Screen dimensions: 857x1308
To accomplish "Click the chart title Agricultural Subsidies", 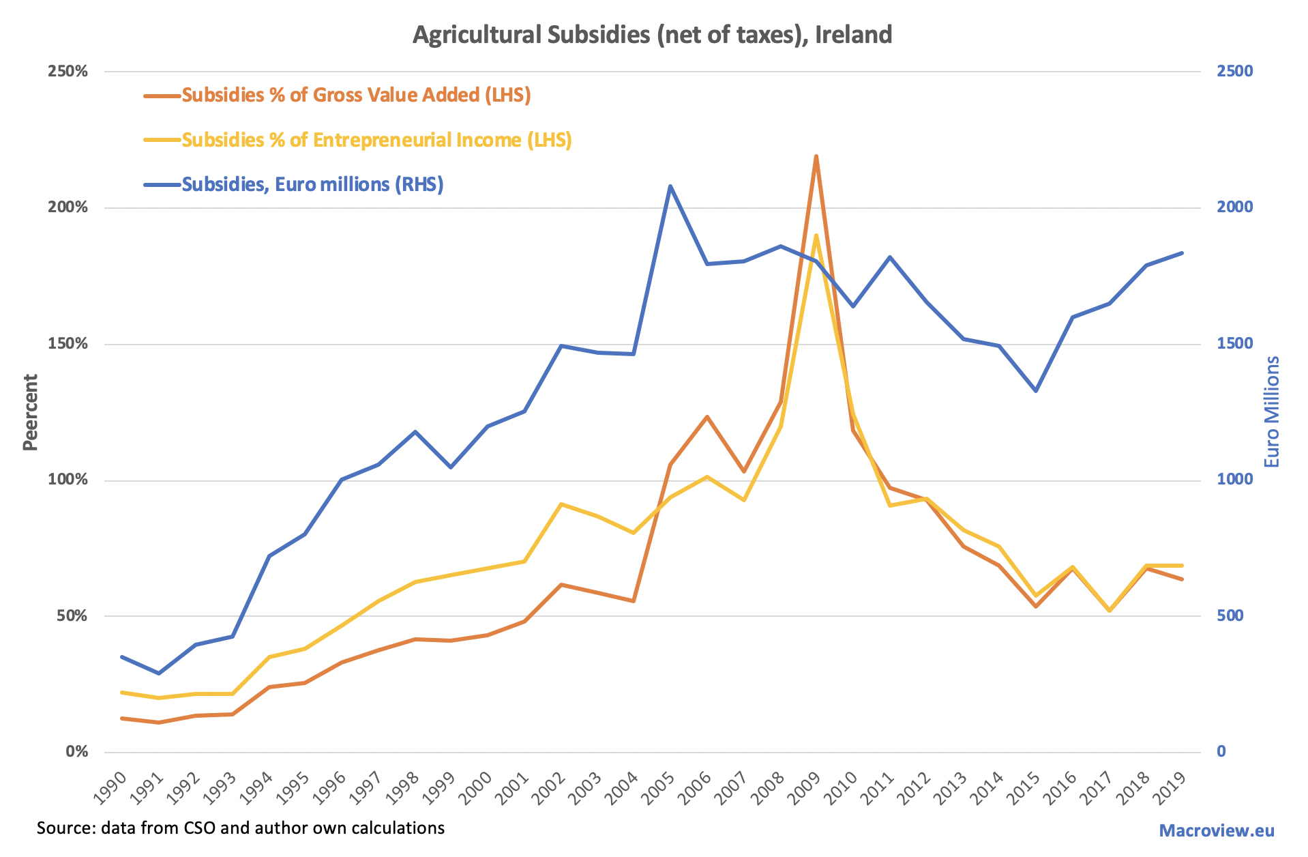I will click(652, 34).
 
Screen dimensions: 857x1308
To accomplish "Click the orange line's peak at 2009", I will click(816, 156).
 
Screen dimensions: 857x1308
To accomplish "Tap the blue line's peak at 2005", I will click(670, 186).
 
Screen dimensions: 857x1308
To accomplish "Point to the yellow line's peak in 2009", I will click(816, 235).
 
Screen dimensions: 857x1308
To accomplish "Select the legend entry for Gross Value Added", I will click(356, 95).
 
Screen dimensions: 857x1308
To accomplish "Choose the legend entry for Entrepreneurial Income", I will click(376, 140).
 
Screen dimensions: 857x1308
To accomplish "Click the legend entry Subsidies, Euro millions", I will click(312, 184).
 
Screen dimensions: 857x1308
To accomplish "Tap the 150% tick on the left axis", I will click(68, 344).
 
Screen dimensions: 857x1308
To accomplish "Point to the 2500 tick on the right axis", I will click(1235, 72).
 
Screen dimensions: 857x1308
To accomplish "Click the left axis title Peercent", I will click(30, 412).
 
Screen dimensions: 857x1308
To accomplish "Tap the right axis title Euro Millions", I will click(1273, 412).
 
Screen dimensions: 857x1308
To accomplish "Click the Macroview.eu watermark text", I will click(1217, 830).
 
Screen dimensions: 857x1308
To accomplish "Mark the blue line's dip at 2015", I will click(1036, 390).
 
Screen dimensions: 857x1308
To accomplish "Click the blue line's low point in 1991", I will click(159, 673).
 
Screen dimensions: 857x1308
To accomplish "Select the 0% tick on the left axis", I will click(76, 752).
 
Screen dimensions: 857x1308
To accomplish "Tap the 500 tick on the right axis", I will click(1231, 616).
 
